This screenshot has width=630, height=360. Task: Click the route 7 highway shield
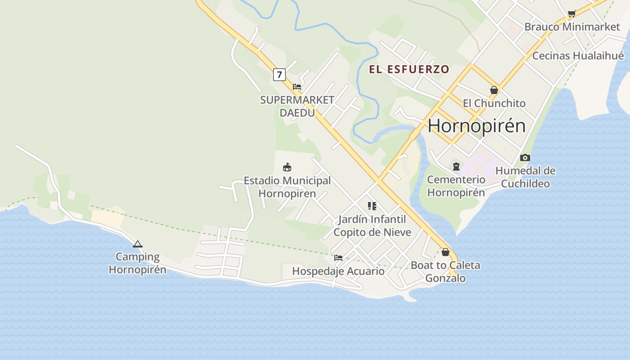(x=279, y=74)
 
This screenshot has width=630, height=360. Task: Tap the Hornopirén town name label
(x=477, y=125)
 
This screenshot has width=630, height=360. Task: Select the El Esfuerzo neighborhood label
(x=409, y=69)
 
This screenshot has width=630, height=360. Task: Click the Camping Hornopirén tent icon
(x=138, y=244)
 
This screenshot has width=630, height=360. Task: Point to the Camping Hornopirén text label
(x=137, y=263)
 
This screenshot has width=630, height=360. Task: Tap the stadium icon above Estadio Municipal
(x=287, y=167)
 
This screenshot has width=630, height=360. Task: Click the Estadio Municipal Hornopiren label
(x=287, y=187)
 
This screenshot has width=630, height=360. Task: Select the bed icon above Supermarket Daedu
(x=297, y=86)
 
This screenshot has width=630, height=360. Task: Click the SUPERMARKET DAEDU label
(x=297, y=106)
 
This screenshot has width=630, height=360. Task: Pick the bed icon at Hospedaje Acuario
(x=338, y=258)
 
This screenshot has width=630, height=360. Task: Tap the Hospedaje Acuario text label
(x=338, y=271)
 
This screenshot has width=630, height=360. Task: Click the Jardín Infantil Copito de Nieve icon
(x=372, y=206)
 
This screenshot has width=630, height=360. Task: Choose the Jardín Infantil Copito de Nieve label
(x=372, y=226)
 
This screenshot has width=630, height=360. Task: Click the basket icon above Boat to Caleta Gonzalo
(x=445, y=252)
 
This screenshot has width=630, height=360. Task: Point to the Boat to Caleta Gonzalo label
(x=445, y=271)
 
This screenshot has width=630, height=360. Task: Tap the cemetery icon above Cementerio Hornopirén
(x=456, y=166)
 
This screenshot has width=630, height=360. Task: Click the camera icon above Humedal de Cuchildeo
(x=525, y=157)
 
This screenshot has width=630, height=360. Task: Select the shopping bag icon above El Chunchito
(x=494, y=90)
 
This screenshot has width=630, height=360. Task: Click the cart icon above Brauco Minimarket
(x=571, y=13)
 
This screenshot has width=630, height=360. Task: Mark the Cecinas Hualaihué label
(x=578, y=56)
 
